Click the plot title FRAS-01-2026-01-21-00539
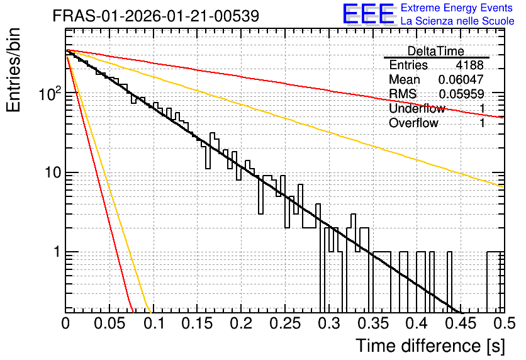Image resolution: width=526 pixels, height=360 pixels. point(156,16)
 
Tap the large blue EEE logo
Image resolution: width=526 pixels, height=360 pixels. point(369,14)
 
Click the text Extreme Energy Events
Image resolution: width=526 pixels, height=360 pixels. point(457,8)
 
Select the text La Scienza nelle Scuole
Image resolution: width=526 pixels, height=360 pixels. point(457,21)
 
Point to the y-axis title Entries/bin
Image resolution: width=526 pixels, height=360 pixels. point(13,70)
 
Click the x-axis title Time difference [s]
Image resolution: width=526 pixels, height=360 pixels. point(430,346)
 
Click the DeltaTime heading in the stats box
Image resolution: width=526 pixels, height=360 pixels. point(436,51)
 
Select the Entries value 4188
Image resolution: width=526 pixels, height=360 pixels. point(469,65)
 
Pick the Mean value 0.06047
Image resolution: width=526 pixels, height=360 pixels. point(461,79)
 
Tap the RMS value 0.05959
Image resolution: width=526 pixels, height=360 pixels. point(461,94)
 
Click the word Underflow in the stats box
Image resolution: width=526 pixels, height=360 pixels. point(417,108)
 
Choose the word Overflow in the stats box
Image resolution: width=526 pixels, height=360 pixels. point(413,123)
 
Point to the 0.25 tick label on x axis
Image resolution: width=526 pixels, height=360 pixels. point(285,323)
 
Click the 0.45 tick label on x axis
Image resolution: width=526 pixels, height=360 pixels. point(461,323)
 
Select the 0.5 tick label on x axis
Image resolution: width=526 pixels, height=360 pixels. point(505,323)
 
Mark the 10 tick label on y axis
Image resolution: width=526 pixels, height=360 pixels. point(53,172)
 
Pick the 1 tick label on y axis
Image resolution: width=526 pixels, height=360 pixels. point(57,252)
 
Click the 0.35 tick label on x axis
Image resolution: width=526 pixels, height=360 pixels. point(373,323)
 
